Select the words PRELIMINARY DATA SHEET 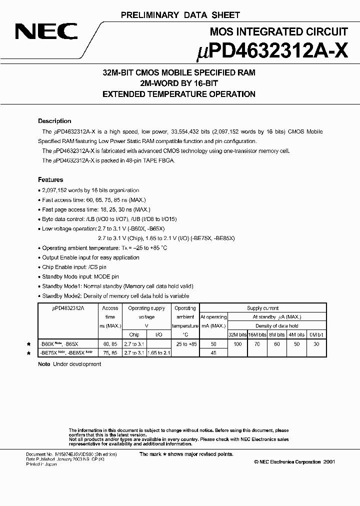click(180, 15)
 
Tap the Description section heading click(54, 121)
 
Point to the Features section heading click(50, 179)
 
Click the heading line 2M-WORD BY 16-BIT click(179, 83)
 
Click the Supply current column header click(263, 308)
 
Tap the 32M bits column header click(238, 334)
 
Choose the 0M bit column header click(316, 334)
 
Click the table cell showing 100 click(238, 344)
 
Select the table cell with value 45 click(213, 353)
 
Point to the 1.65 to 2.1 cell click(160, 353)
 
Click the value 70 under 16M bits click(258, 344)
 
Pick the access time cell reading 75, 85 click(110, 353)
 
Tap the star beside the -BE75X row click(28, 353)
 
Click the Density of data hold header click(277, 326)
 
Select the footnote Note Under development click(69, 364)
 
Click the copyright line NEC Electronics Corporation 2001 click(294, 462)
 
